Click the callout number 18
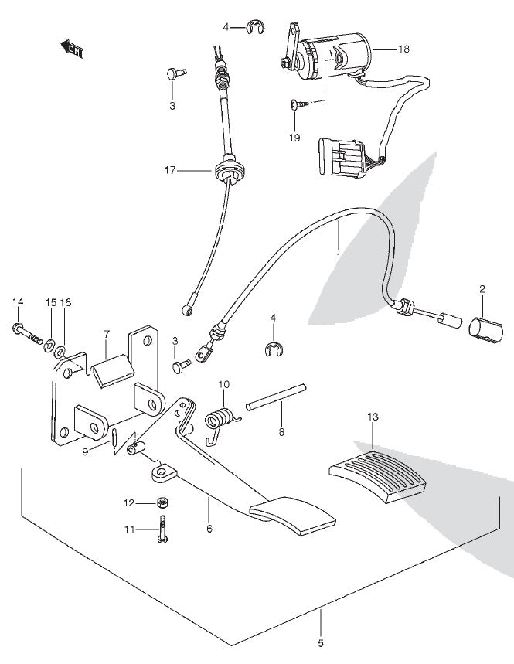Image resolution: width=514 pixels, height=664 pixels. [403, 49]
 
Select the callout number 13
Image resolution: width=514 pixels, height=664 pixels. [373, 417]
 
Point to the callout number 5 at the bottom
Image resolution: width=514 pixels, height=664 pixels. [321, 640]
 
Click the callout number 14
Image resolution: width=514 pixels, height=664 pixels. [18, 301]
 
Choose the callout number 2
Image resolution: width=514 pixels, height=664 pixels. [482, 290]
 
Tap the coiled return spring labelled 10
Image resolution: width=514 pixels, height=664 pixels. [222, 418]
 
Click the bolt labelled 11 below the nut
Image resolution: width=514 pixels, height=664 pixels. [163, 529]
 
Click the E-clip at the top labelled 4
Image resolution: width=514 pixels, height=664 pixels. [254, 29]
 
